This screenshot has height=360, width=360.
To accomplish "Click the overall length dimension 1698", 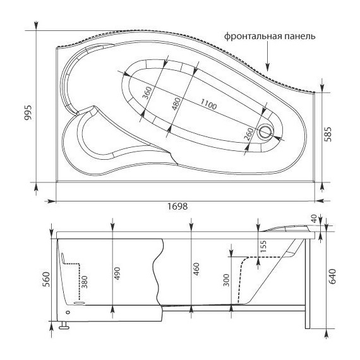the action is [177, 206].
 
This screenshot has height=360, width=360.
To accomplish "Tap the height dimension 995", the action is [28, 112].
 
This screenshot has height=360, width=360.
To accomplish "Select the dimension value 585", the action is [328, 135].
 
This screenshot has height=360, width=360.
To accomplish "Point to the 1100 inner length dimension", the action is [208, 104].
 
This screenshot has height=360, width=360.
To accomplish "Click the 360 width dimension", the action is [147, 93].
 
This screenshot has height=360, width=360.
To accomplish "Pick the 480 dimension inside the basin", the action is [176, 104].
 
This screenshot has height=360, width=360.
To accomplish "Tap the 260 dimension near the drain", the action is [249, 135].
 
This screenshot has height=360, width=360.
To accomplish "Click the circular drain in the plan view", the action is [265, 133].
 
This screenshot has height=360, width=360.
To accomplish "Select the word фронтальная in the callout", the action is [253, 37].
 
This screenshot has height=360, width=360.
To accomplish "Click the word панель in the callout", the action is [299, 37].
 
